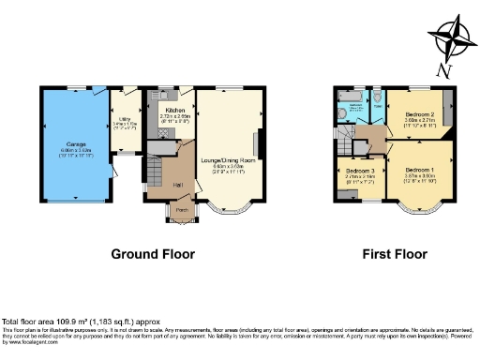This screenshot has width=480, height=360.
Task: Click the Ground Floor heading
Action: click(153, 254)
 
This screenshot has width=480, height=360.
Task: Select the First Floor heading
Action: click(394, 254)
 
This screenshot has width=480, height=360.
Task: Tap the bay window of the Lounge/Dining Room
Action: click(228, 209)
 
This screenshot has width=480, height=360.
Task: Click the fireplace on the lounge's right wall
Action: click(257, 147)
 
